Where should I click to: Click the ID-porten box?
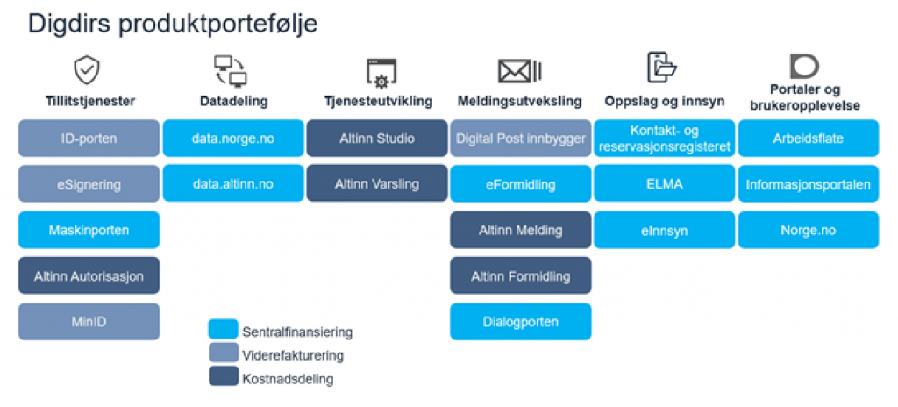coord(89,139)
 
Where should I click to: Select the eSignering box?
coord(89,184)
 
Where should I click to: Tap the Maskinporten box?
coord(89,230)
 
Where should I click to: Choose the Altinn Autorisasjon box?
coord(89,275)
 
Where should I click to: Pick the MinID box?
coord(89,321)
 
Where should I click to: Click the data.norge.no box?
coord(232,139)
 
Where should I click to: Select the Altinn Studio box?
coord(376,139)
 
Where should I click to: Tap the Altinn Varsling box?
coord(376,184)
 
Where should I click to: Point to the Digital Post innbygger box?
coord(520,139)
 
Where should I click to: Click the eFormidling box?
coord(520,184)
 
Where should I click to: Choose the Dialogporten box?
coord(520,321)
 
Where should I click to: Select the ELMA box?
coord(664,184)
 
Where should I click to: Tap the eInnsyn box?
coord(664,230)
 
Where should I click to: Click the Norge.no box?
coord(808,230)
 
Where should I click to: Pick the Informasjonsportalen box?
coord(808,184)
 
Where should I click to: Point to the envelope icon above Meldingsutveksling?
coord(519,71)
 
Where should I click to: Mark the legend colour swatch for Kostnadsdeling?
coord(223,376)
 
